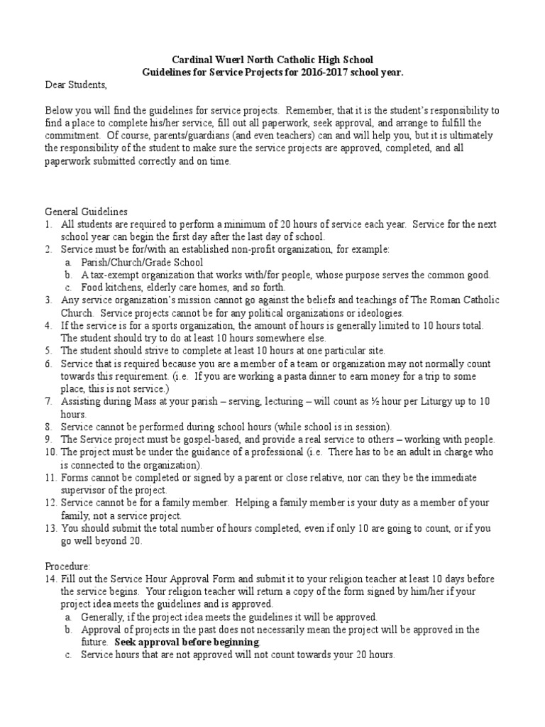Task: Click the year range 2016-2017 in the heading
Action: pyautogui.click(x=331, y=72)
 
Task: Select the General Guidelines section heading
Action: pyautogui.click(x=86, y=212)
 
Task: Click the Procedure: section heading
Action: pyautogui.click(x=68, y=567)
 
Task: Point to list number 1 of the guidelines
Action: pyautogui.click(x=49, y=224)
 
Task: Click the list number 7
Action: pyautogui.click(x=49, y=402)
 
